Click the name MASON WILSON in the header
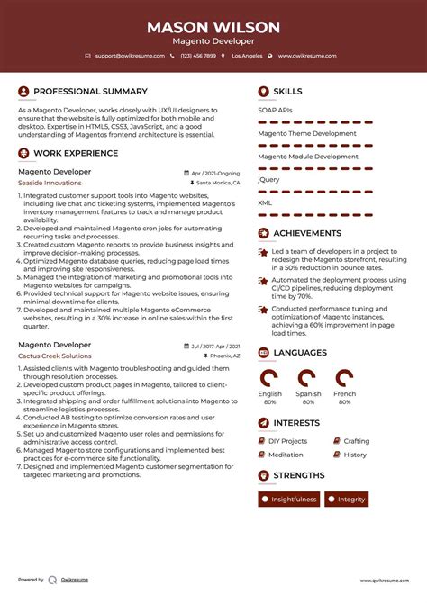(213, 27)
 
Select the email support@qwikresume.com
(129, 56)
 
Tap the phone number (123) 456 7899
(197, 56)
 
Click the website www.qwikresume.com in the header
(306, 56)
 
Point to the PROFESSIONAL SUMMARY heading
(90, 91)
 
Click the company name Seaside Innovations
(50, 183)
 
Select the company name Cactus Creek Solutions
(55, 355)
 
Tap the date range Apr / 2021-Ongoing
(216, 172)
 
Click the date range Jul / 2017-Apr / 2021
(215, 346)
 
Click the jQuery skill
(268, 179)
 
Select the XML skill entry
(265, 202)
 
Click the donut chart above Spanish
(307, 377)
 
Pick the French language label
(344, 394)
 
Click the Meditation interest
(286, 454)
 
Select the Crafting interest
(357, 441)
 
